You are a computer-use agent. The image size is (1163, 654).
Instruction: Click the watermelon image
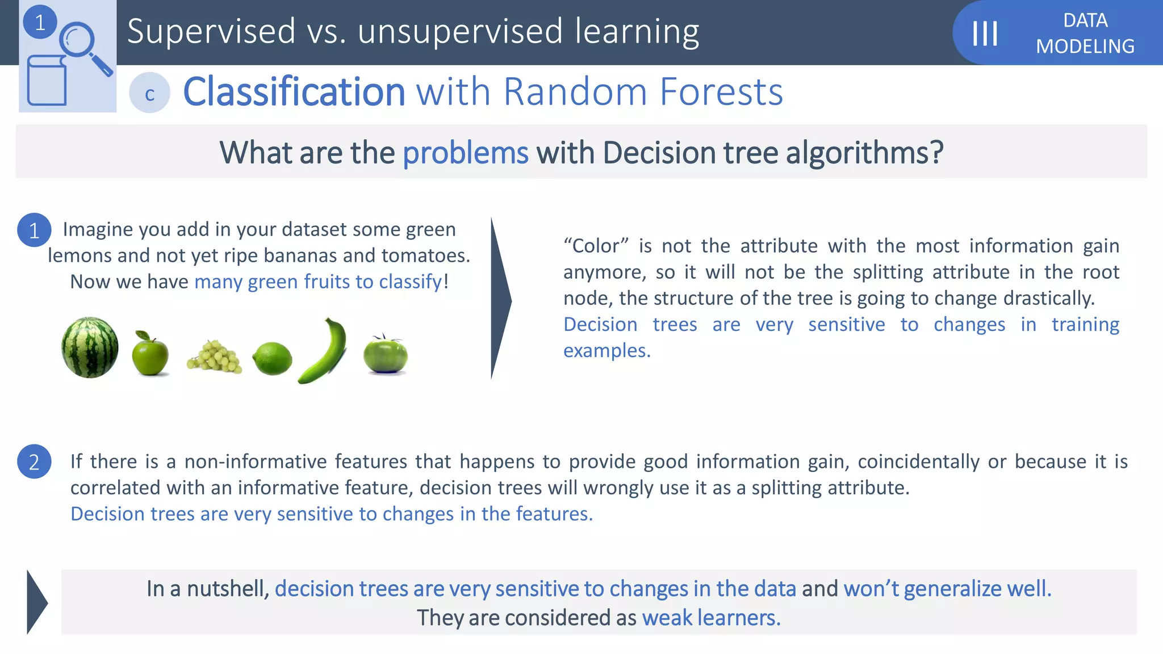90,347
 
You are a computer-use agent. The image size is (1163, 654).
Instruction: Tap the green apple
150,354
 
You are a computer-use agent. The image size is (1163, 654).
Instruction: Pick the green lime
272,359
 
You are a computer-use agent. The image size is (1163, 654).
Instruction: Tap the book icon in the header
47,81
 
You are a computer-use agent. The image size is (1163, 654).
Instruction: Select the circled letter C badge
149,93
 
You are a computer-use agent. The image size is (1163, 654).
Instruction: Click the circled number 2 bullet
34,462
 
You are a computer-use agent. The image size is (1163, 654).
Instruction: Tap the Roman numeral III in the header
985,33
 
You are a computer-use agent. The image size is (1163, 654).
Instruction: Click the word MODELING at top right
1085,46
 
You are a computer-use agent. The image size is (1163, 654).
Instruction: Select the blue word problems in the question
465,153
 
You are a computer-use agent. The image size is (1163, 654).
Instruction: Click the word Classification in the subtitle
294,91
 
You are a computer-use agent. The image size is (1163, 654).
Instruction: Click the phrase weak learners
711,617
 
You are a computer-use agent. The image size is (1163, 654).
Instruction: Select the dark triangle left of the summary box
36,602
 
